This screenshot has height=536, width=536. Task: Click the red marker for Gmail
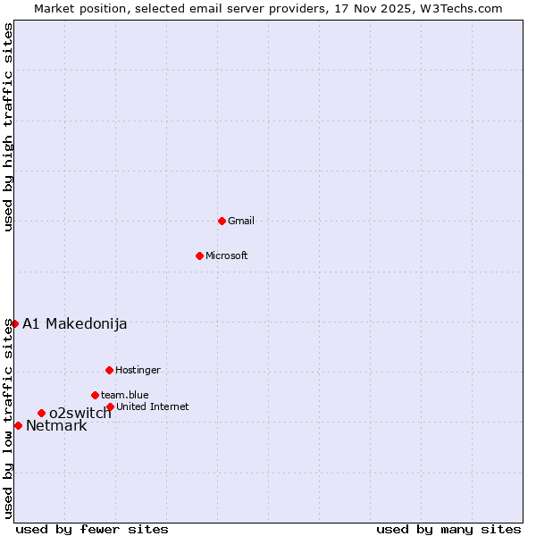click(222, 221)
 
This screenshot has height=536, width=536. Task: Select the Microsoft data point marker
click(199, 255)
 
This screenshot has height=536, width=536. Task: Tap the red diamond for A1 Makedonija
click(14, 323)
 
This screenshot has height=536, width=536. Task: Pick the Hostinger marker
click(109, 370)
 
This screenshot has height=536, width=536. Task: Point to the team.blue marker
click(95, 395)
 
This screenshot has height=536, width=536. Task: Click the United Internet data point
click(110, 406)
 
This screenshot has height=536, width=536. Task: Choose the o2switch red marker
click(41, 413)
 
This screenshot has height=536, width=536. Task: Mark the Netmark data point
click(18, 425)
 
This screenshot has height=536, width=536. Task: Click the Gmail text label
click(241, 221)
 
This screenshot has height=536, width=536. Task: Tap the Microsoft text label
click(227, 255)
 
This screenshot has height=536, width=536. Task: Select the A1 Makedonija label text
click(74, 323)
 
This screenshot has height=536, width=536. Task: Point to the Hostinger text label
click(138, 370)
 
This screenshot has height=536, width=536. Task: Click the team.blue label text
click(125, 395)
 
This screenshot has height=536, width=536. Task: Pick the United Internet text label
click(153, 406)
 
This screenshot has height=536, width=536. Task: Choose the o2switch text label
click(80, 413)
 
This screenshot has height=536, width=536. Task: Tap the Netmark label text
click(56, 425)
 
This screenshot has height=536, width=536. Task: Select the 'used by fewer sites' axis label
click(92, 529)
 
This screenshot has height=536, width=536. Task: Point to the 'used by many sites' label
click(448, 529)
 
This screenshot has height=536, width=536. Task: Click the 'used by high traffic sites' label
click(8, 127)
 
